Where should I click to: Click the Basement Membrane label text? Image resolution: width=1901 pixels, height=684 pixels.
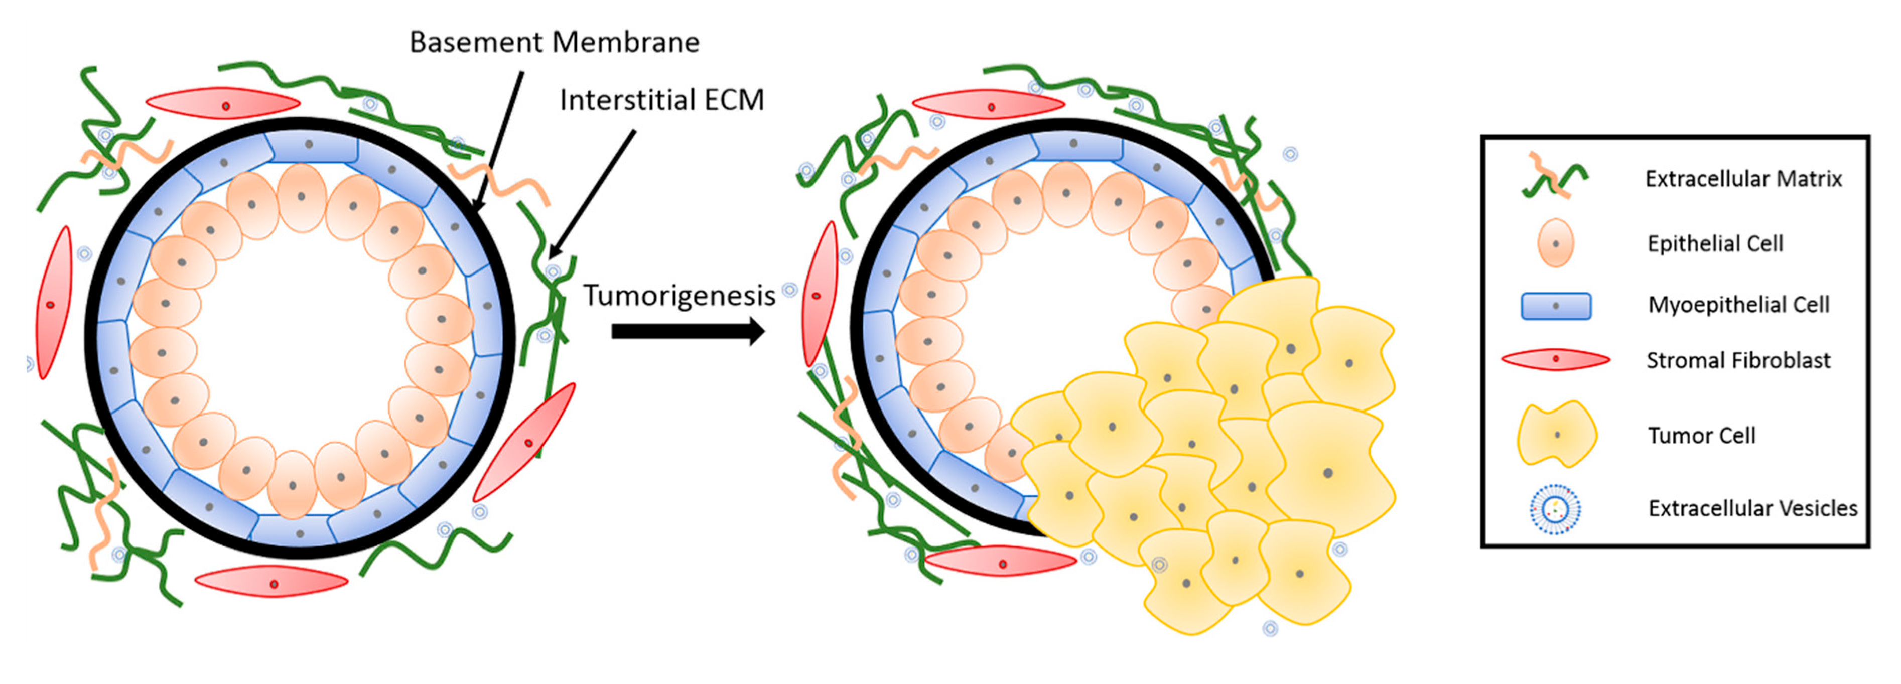[554, 42]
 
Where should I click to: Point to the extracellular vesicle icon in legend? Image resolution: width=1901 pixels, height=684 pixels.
[1555, 508]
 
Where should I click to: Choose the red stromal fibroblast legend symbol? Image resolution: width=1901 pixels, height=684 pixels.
[1555, 360]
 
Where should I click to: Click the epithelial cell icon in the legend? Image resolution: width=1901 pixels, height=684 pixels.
[1555, 243]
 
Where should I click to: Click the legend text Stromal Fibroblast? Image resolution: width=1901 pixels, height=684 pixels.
[1738, 361]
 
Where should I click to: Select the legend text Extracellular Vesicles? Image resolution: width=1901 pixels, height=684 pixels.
[1752, 508]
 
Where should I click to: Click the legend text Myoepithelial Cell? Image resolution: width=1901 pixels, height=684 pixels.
[1738, 305]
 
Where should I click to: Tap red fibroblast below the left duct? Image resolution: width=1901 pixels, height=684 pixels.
[271, 582]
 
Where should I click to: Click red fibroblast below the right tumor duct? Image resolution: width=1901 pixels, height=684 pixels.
[1001, 562]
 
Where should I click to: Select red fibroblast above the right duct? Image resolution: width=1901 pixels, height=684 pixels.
[989, 105]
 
